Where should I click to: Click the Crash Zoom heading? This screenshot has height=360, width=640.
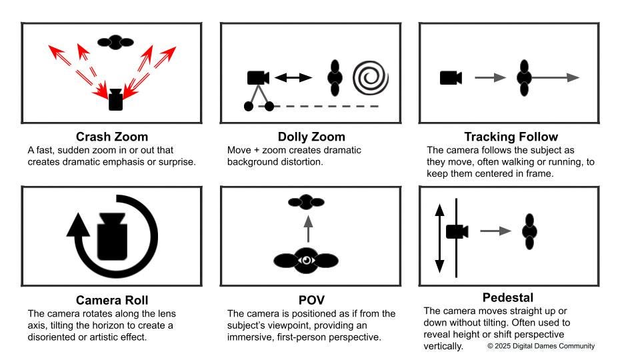(112, 137)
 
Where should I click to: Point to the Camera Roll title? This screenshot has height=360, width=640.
(112, 299)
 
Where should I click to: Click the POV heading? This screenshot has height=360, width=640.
(311, 299)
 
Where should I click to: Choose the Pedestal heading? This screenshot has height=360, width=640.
(508, 297)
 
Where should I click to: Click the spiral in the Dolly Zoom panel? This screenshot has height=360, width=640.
(370, 78)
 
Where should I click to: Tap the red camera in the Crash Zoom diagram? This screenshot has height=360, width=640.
(117, 100)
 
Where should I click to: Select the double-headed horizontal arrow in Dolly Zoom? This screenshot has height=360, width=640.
(293, 78)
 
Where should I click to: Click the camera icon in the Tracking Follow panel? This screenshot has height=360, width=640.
(451, 78)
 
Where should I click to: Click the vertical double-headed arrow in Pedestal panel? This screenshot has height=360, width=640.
(439, 238)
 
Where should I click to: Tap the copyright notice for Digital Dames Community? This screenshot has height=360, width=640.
(541, 346)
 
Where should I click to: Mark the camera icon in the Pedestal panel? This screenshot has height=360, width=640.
(457, 231)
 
